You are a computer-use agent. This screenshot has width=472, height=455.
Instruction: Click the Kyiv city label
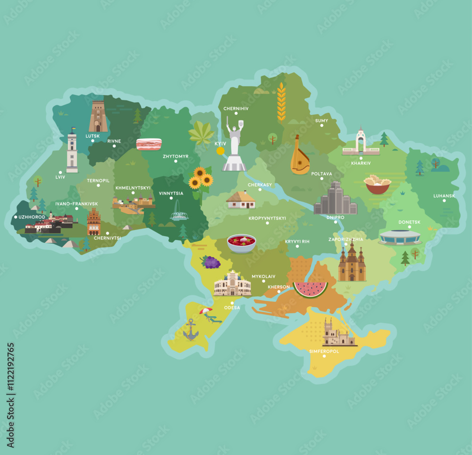pos(220,143)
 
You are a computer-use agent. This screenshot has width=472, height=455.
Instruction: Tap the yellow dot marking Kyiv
pos(220,151)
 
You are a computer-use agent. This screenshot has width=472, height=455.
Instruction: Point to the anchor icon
pos(191,330)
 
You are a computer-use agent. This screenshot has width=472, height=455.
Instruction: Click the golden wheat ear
pos(281,102)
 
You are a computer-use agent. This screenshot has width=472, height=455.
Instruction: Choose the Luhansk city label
pos(444,196)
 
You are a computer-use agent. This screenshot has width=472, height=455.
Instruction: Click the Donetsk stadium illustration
pos(399,237)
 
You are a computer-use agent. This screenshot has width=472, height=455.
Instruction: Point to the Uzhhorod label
pos(32,217)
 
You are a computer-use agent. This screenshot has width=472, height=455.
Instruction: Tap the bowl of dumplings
pos(377,184)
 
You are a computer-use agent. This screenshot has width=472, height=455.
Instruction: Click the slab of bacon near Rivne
pos(149,144)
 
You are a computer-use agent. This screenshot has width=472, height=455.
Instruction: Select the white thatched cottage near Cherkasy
pos(241,200)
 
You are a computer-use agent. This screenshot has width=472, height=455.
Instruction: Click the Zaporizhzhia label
pos(346,239)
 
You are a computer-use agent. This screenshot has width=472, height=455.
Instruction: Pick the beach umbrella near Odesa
pos(206,311)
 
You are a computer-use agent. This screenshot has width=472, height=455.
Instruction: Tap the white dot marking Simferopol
pos(324,356)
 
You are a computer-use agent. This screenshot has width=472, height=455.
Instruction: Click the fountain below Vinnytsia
pos(179,211)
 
